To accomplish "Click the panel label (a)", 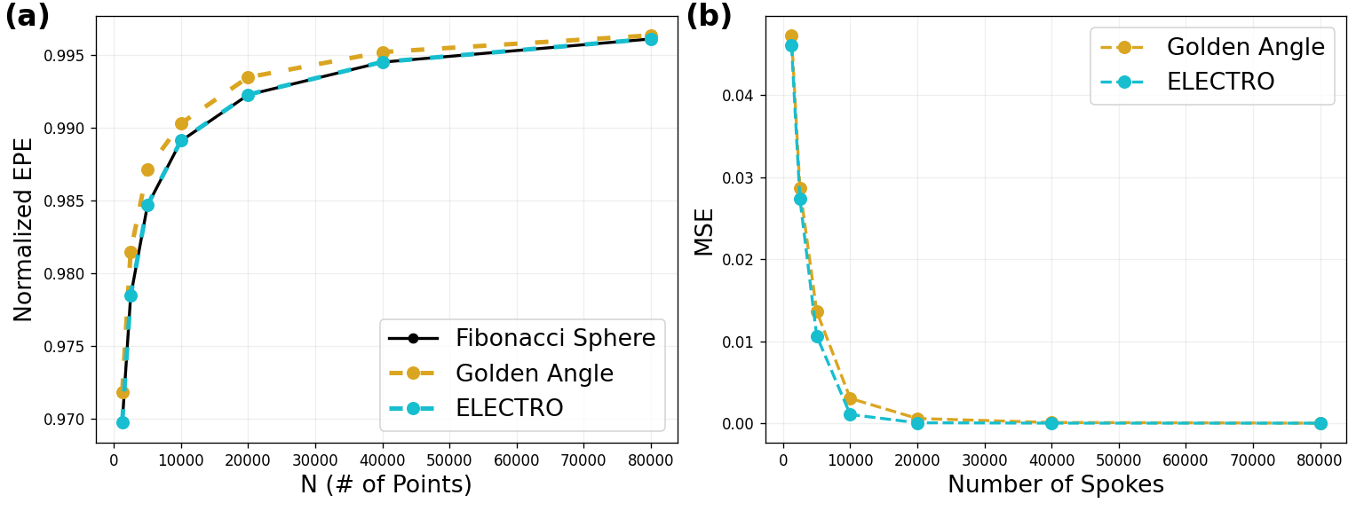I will [27, 16].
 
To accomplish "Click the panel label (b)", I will [709, 16].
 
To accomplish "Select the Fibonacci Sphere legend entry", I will [555, 338].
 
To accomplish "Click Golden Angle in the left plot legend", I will [534, 373].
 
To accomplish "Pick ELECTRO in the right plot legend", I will [1220, 82].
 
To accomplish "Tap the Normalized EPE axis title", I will [24, 229].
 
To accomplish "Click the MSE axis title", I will [704, 232].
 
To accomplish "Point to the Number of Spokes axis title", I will [1055, 485].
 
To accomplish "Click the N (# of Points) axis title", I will [385, 485].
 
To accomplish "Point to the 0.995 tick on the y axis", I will [67, 56].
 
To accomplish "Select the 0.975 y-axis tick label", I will [67, 347].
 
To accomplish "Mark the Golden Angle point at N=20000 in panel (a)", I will [248, 77].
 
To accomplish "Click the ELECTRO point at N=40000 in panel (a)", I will [383, 62].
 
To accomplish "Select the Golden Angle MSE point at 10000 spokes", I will [850, 398].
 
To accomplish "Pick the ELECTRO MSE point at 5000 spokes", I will [817, 336].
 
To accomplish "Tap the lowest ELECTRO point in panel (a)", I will [123, 422].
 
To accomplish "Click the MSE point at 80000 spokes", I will [1320, 423].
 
